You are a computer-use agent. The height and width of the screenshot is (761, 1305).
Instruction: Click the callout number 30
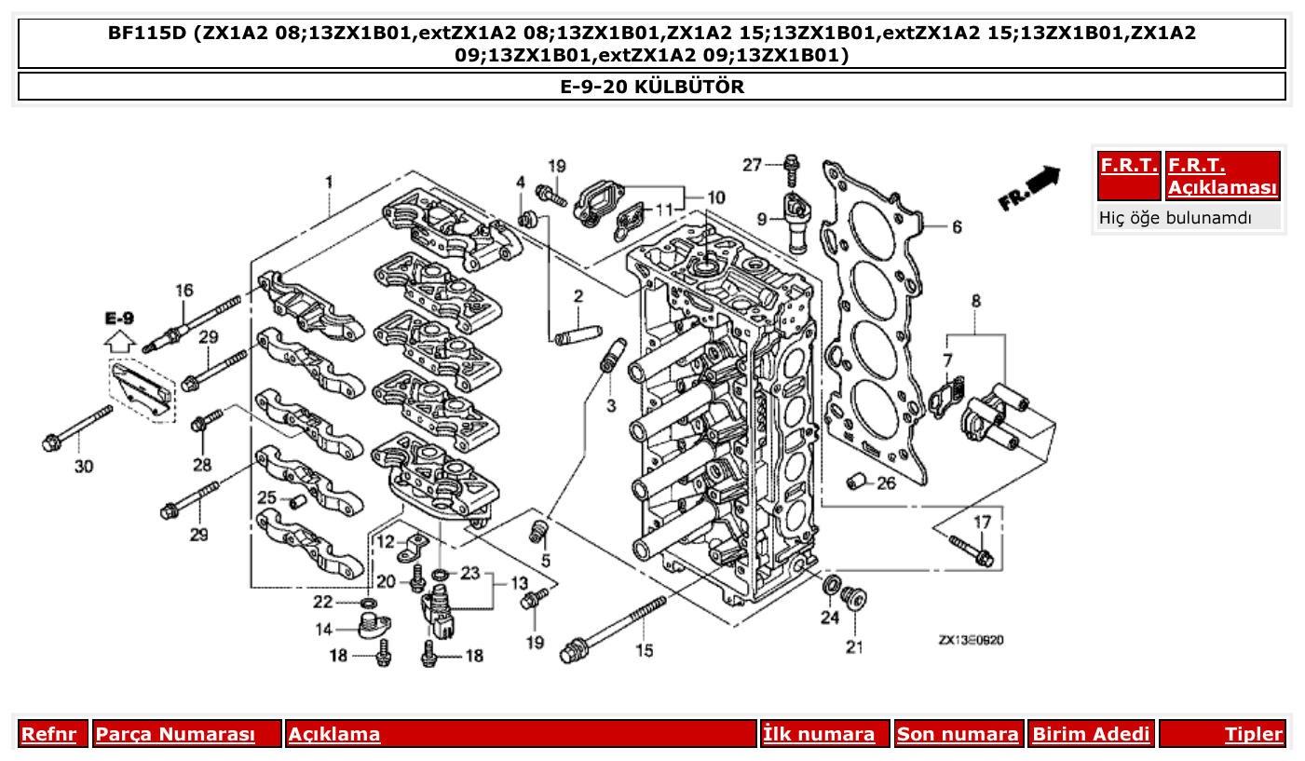click(84, 466)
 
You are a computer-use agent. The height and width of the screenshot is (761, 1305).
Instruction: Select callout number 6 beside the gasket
click(956, 226)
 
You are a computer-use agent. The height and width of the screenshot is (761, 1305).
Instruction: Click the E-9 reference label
click(119, 319)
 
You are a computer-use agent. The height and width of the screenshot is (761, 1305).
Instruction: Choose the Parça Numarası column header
click(176, 734)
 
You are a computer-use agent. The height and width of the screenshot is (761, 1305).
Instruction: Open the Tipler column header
click(1253, 734)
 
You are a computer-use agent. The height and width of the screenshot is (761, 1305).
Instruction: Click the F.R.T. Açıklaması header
click(1222, 177)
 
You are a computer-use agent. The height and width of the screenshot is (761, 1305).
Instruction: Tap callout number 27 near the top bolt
click(753, 165)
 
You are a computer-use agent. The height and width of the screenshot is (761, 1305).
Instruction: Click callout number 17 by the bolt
click(982, 523)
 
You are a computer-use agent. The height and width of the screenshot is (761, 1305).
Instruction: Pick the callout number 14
click(323, 630)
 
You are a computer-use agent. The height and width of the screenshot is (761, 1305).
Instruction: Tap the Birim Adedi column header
click(1091, 734)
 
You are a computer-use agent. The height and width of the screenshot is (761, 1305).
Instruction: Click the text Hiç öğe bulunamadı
click(1175, 218)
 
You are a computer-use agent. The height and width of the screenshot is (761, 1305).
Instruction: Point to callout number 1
click(328, 179)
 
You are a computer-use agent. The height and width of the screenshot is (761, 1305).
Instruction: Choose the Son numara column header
click(958, 734)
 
